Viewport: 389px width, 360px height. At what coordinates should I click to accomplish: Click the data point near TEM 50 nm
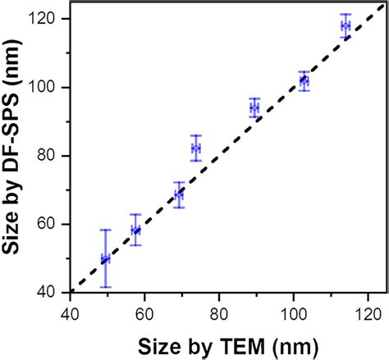pos(105,259)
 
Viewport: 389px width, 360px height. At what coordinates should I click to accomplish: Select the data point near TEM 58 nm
pos(135,230)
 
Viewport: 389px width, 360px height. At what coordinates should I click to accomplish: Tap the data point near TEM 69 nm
pos(179,194)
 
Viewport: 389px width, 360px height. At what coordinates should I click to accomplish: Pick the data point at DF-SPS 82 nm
pos(195,148)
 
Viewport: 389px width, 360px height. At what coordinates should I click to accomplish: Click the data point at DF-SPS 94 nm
pos(254,107)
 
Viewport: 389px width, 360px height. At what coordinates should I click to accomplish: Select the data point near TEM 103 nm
pos(304,81)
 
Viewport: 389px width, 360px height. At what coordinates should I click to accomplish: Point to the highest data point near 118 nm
pos(346,25)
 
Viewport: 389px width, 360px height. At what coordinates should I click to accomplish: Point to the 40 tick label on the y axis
pos(48,293)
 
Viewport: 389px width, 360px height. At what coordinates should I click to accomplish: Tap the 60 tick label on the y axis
pos(48,224)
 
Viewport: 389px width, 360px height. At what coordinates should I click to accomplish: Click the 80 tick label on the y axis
pos(48,156)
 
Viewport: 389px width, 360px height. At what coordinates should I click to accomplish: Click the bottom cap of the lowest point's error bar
pos(105,287)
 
